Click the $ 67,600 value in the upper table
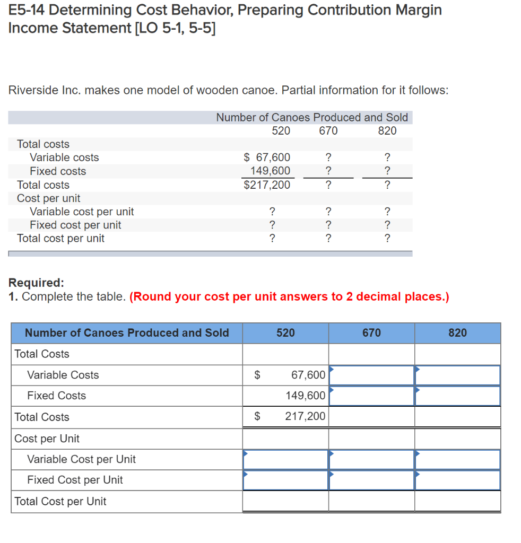(267, 157)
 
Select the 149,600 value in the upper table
(270, 171)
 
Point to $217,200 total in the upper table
(267, 185)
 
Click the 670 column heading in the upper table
(328, 130)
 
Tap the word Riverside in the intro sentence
(33, 90)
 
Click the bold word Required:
(37, 283)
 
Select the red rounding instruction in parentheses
(289, 296)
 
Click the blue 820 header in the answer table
(457, 333)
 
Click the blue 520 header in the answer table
(285, 333)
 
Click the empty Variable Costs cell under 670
(371, 375)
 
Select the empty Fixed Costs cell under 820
(457, 396)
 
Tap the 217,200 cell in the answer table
(305, 417)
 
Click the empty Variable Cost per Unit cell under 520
(285, 459)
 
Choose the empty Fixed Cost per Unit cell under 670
(371, 480)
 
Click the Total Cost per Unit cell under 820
(457, 501)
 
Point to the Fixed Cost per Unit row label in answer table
(75, 480)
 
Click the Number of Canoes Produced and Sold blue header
(127, 333)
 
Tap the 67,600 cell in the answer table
(308, 375)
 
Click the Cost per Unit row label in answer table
(47, 439)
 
